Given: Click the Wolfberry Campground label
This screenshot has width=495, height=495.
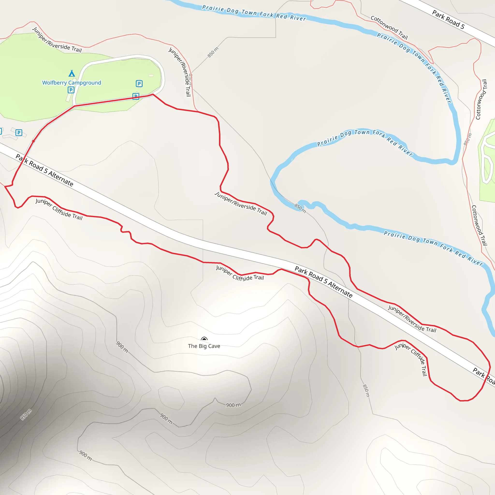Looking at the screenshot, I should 72,83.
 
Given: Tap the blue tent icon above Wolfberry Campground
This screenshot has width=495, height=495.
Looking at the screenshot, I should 72,73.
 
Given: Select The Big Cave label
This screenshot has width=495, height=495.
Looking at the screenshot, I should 204,346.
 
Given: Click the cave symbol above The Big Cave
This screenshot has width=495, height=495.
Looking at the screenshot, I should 204,339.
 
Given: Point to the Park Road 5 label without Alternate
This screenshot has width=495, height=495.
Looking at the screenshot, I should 448,20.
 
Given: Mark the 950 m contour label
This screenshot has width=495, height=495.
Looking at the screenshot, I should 26,415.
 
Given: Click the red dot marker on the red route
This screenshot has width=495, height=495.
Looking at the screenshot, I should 33,141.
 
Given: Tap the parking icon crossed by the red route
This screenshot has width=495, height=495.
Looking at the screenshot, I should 136,96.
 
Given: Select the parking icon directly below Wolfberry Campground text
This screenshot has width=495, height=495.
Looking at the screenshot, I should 71,90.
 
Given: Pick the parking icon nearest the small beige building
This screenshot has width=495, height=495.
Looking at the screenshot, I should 139,84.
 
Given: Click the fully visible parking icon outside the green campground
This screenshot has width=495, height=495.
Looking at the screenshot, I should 19,133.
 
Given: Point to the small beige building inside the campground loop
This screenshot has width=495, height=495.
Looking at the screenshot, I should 151,76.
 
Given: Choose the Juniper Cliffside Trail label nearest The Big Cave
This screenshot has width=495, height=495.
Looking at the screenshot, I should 240,274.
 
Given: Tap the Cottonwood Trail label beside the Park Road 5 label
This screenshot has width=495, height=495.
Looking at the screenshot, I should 389,27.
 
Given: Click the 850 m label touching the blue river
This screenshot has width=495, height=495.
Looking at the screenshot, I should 300,208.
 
